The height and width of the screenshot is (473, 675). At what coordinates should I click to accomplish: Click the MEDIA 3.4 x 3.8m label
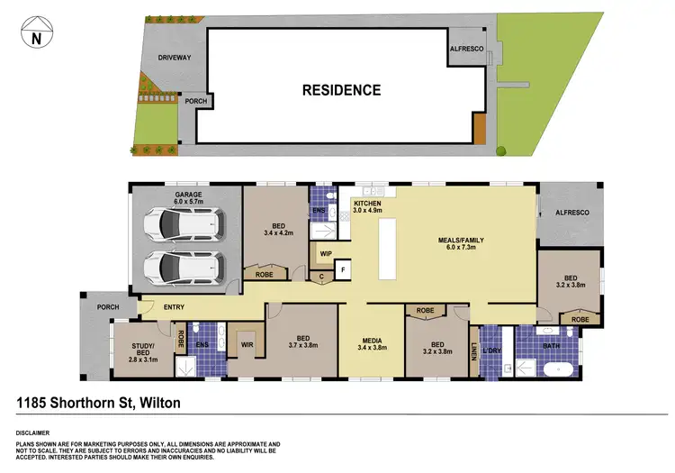(x=371, y=342)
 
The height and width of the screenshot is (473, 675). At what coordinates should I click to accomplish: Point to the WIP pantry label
(x=325, y=254)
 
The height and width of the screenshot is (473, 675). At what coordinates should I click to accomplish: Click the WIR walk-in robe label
(x=245, y=344)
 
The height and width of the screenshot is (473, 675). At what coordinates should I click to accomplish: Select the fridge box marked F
(x=342, y=268)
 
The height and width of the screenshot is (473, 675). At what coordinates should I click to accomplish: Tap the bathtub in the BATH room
(x=557, y=368)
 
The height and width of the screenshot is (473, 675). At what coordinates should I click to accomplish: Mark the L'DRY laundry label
(x=491, y=349)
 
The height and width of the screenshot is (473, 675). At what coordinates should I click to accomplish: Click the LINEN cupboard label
(x=474, y=350)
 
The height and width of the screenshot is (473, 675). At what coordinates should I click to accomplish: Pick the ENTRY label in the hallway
(x=175, y=308)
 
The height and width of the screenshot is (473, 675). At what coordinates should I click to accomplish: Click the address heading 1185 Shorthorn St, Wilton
(x=99, y=404)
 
